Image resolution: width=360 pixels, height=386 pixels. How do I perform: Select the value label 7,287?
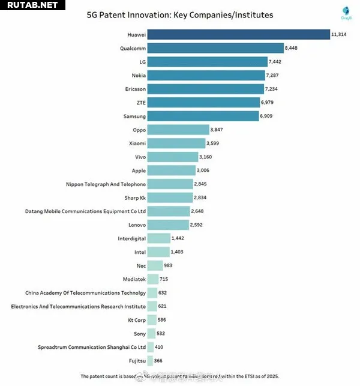(x=274, y=76)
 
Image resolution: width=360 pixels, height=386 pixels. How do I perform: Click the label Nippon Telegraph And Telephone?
(x=105, y=184)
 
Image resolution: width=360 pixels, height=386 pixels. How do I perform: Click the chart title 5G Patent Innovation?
(x=180, y=14)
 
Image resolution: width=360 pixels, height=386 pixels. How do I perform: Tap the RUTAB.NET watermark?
(x=31, y=5)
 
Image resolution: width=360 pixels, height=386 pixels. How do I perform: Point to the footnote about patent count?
(x=179, y=376)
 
